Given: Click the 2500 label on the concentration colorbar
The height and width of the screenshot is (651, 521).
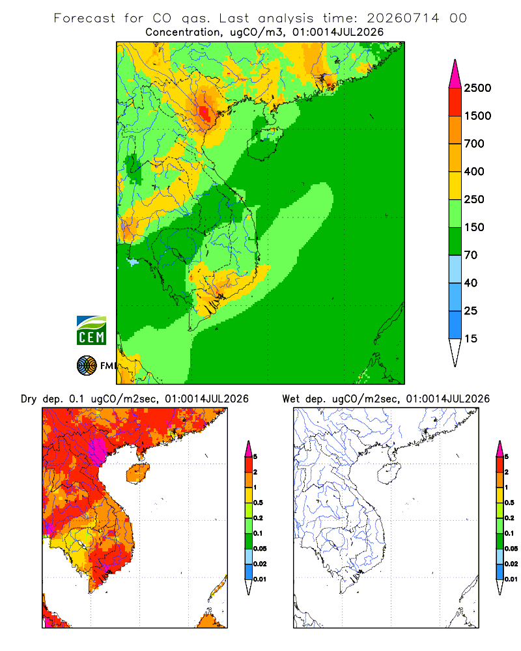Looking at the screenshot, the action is click(x=477, y=88).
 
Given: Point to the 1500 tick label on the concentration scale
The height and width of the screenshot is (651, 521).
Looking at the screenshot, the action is click(x=477, y=116).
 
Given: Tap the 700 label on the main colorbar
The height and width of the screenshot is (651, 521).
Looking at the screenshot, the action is click(x=474, y=144).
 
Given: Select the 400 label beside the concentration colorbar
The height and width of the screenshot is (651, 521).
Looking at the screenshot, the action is click(x=474, y=171).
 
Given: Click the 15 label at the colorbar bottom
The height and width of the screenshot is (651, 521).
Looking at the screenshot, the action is click(x=471, y=339).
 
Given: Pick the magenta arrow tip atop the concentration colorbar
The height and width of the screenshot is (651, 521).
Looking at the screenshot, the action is click(x=455, y=74).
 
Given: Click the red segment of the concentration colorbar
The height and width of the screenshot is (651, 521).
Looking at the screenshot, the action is click(x=455, y=102).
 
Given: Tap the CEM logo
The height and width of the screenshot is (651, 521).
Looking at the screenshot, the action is click(x=91, y=331).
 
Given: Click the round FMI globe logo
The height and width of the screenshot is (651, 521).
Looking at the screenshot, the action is click(x=87, y=366).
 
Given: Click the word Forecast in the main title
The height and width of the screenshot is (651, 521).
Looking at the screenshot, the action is click(x=85, y=18).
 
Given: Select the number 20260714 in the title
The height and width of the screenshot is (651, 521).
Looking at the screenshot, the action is click(x=402, y=18).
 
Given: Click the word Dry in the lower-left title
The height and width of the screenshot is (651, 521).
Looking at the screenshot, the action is click(x=29, y=399).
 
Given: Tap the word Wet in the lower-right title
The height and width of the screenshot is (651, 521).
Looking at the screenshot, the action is click(x=290, y=399).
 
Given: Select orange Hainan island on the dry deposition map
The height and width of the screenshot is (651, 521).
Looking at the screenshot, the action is click(x=137, y=473).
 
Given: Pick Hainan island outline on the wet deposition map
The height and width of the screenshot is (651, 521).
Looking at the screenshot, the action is click(x=389, y=473).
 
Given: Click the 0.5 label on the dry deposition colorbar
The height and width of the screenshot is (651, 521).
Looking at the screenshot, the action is click(x=258, y=503).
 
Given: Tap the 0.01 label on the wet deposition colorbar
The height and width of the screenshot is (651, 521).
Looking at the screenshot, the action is click(x=511, y=579).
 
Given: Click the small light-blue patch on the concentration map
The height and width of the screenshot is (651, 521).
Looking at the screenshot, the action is click(x=133, y=262).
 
